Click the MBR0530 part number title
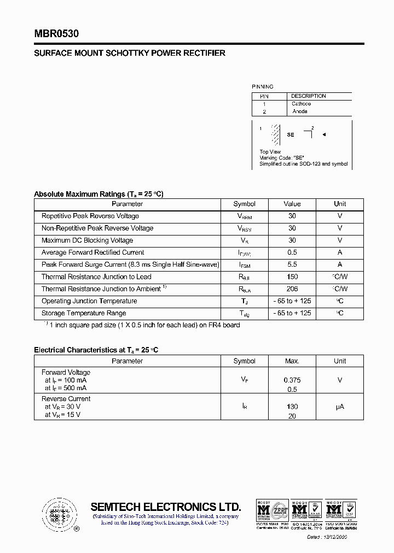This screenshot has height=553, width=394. [x=56, y=34]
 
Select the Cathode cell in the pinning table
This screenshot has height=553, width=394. [x=301, y=104]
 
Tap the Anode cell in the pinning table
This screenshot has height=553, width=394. [x=300, y=111]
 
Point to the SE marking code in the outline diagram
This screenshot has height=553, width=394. [x=291, y=134]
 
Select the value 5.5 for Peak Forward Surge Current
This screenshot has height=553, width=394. [x=292, y=264]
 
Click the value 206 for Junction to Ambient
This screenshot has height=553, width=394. [x=292, y=289]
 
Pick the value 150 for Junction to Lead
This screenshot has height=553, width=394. [x=292, y=277]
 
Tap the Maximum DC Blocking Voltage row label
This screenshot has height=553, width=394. [x=88, y=240]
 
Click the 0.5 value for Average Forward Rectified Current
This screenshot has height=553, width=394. [x=292, y=252]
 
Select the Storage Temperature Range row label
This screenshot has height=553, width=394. [x=84, y=313]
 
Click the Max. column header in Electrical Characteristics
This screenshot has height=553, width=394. [x=292, y=361]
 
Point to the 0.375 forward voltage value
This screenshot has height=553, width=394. [x=292, y=380]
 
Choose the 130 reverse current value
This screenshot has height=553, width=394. [x=292, y=407]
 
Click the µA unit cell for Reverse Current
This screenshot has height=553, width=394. [x=340, y=407]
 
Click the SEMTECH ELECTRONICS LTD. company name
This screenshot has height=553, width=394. [x=165, y=506]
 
